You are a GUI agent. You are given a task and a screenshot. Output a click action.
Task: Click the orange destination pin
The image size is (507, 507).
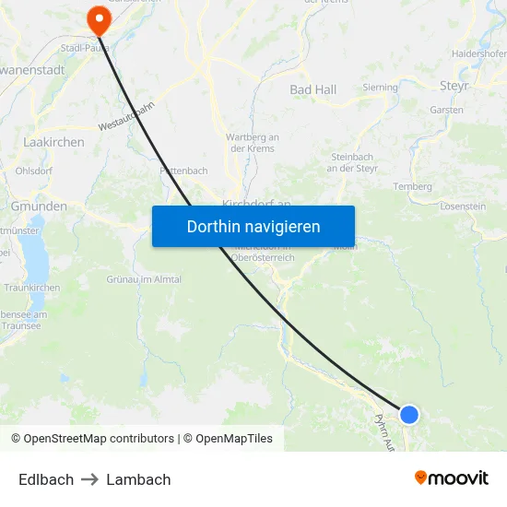click(97, 18)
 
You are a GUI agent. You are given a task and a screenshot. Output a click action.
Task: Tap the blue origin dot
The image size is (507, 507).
click(409, 415)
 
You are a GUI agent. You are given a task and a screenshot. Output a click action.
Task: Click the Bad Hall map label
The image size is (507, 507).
click(313, 90)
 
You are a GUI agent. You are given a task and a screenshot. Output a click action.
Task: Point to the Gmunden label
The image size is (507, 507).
click(39, 206)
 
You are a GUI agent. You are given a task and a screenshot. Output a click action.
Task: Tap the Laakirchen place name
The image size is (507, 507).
click(53, 143)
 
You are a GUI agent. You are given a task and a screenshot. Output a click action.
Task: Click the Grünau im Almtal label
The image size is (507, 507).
click(144, 279)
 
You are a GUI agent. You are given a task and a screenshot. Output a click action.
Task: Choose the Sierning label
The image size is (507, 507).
click(381, 88)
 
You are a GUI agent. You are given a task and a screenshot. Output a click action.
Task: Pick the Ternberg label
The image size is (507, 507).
click(413, 186)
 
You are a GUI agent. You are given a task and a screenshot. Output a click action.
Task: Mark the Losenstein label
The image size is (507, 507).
click(464, 206)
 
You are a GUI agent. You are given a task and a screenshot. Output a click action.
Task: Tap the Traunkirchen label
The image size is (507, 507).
click(31, 288)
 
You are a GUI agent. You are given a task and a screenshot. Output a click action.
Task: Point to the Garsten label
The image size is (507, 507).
click(447, 110)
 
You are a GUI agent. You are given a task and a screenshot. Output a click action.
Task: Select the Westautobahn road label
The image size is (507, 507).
click(126, 115)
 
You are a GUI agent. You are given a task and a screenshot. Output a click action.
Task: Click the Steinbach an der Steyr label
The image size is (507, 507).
click(353, 162)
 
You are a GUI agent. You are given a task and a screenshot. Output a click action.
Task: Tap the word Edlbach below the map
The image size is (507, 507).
click(46, 479)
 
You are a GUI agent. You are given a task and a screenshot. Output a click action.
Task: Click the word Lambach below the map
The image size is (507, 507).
click(138, 479)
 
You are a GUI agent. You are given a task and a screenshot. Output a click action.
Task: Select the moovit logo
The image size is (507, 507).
click(452, 478)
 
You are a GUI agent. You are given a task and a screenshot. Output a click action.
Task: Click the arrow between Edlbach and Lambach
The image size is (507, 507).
click(90, 479)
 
